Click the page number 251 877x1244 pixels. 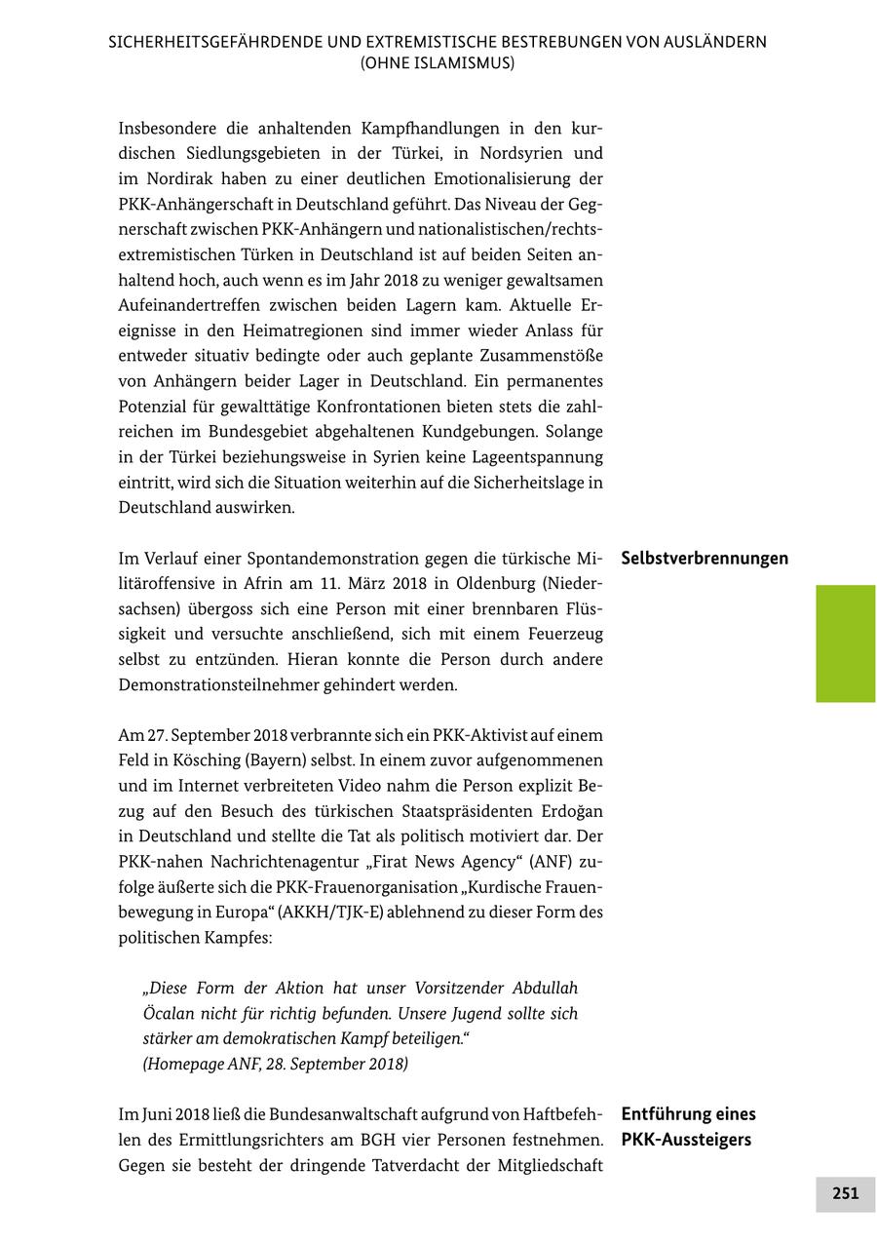[x=845, y=1193]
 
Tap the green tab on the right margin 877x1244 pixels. [x=845, y=643]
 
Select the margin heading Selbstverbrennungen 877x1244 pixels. [x=705, y=559]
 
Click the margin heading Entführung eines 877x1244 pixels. [x=688, y=1113]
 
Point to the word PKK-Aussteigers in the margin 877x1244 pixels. [x=686, y=1139]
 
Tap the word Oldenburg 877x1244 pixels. [x=467, y=584]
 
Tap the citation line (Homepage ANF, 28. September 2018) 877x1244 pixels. [x=276, y=1064]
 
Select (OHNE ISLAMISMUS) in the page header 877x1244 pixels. [x=438, y=63]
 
